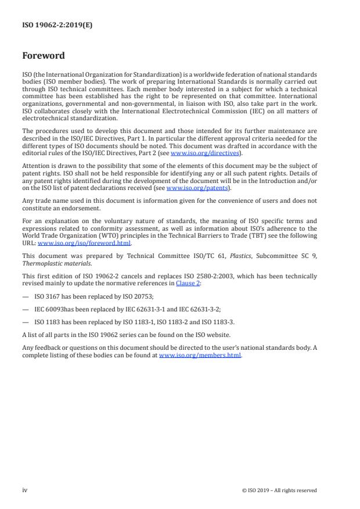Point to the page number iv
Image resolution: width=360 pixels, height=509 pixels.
25,490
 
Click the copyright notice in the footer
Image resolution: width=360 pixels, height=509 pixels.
279,490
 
